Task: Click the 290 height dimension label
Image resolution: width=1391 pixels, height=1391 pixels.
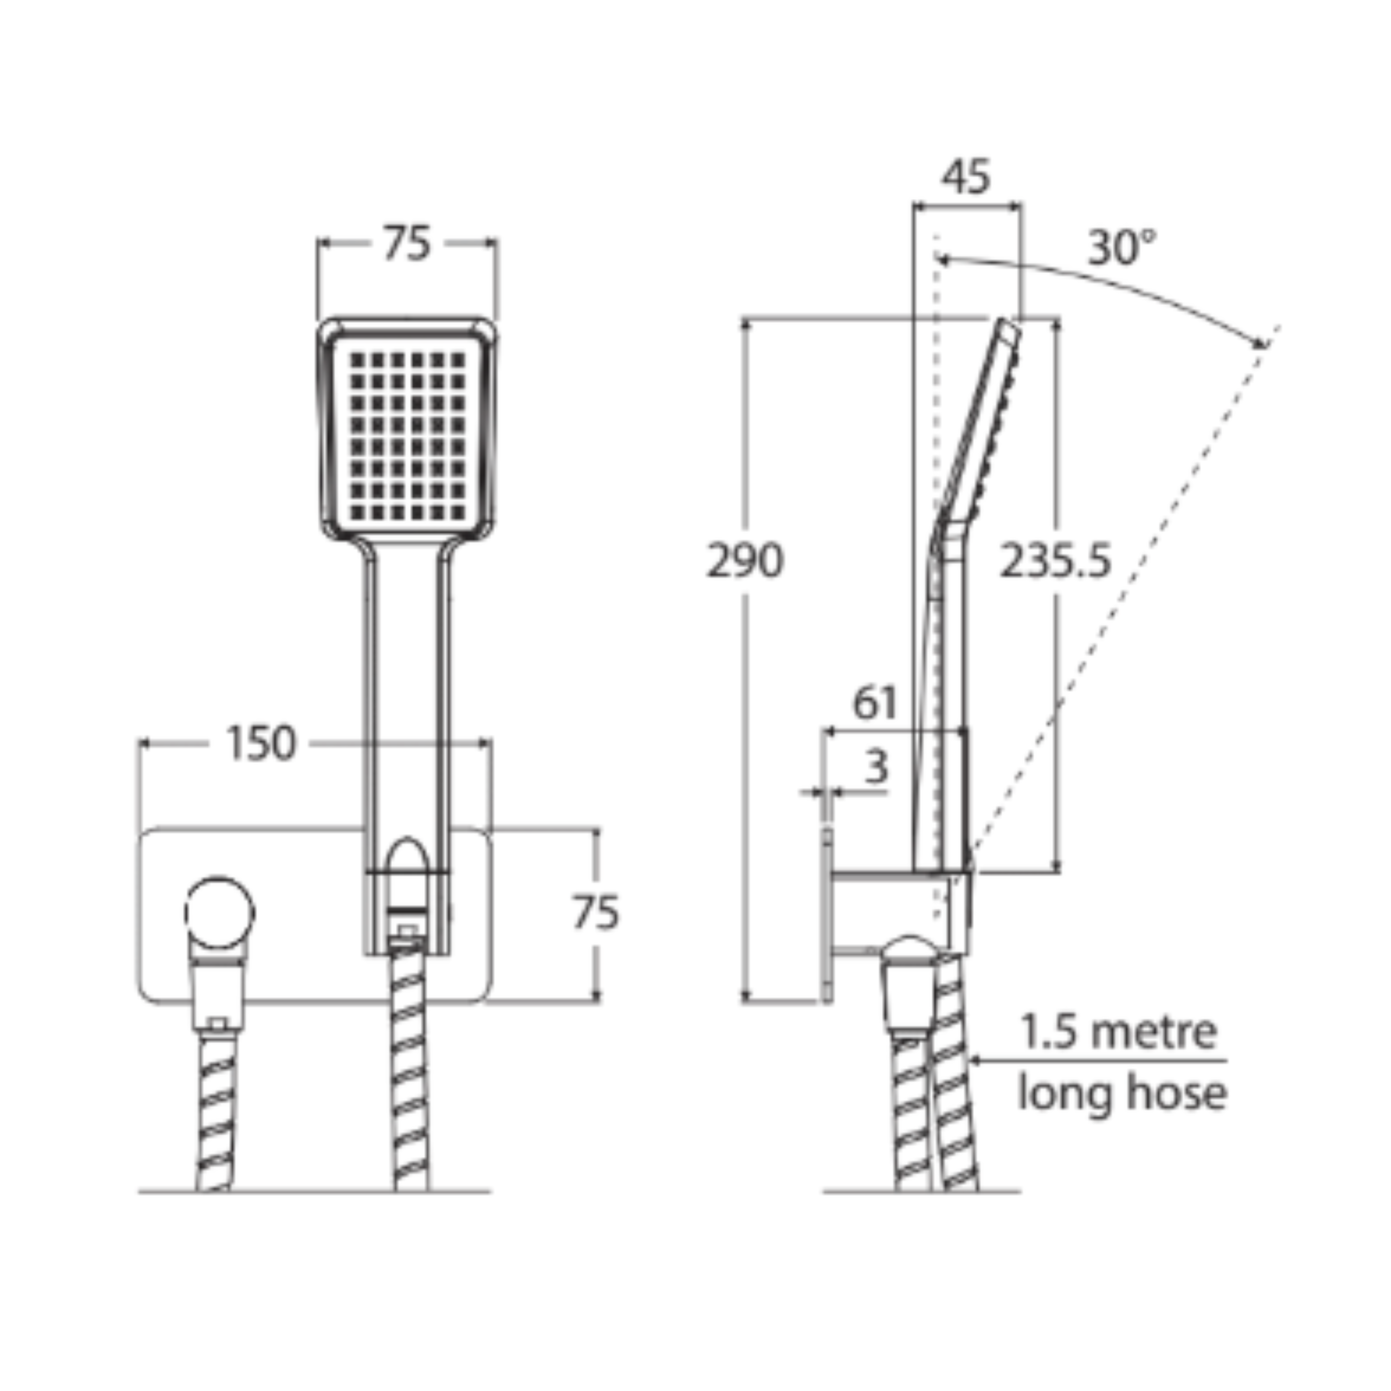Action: (745, 561)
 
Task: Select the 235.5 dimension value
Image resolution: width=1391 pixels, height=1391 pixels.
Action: (1055, 561)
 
